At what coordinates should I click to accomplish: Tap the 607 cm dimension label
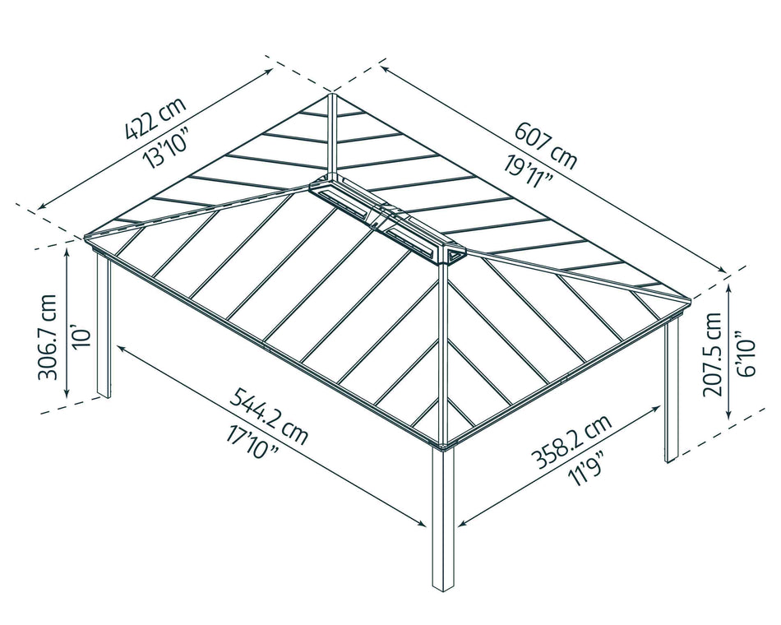pos(546,145)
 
